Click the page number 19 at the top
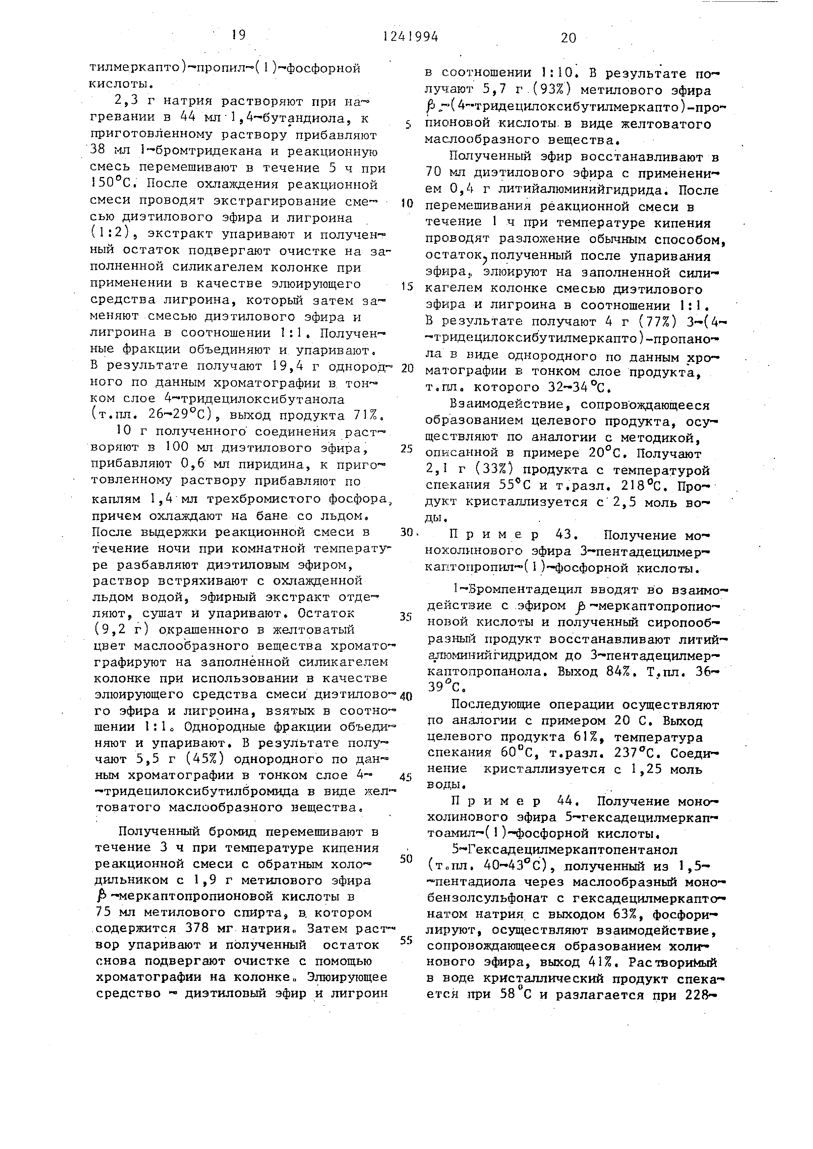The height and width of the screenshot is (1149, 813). coord(238,35)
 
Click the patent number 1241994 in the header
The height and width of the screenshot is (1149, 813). coord(410,37)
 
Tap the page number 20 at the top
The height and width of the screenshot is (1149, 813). coord(569,38)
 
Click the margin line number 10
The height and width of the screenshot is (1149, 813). coord(406,204)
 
